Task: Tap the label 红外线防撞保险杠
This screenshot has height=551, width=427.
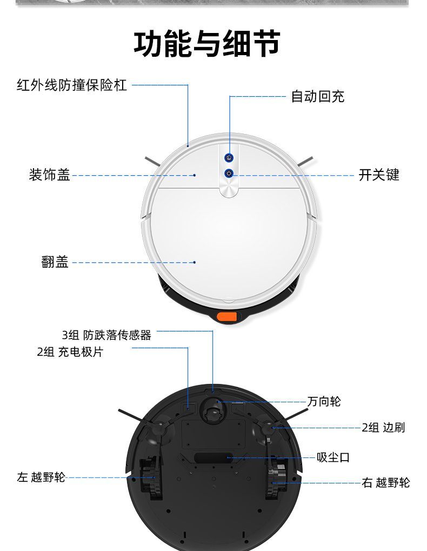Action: tap(72, 85)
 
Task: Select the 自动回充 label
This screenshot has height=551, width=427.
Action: tap(318, 96)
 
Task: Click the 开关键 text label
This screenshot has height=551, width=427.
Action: tap(379, 175)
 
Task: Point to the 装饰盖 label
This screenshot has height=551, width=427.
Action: tap(50, 175)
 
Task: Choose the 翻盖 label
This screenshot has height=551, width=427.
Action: tap(55, 262)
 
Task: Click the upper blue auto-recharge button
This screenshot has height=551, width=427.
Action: tap(229, 158)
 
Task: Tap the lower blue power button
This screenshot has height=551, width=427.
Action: tap(229, 173)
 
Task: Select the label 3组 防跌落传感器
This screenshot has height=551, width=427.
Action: tap(106, 335)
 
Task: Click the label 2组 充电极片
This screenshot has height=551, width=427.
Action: tap(70, 352)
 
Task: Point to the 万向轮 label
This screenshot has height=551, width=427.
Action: tap(324, 401)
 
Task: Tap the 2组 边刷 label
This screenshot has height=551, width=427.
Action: tap(383, 427)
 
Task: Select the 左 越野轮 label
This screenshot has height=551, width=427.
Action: tap(41, 477)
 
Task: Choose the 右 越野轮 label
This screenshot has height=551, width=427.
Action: tap(386, 482)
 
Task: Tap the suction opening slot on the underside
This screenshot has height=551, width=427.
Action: tap(213, 458)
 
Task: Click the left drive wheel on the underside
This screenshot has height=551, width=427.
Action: tap(151, 478)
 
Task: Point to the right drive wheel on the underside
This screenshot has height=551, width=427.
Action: tap(277, 477)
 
